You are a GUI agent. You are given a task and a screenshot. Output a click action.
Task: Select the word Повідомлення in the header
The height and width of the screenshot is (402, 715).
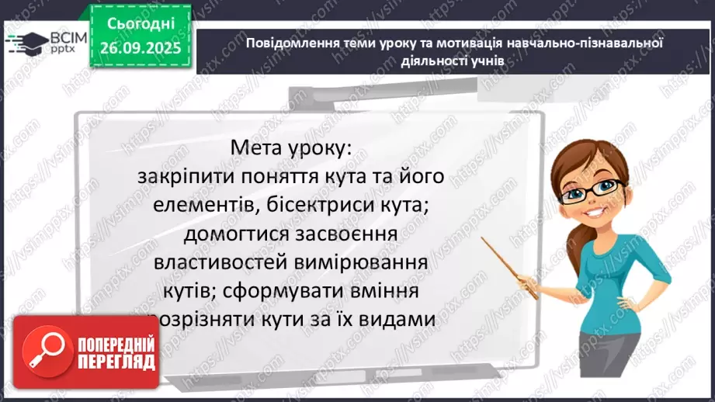284,43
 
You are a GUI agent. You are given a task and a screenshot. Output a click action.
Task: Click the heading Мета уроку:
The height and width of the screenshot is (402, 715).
296,147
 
